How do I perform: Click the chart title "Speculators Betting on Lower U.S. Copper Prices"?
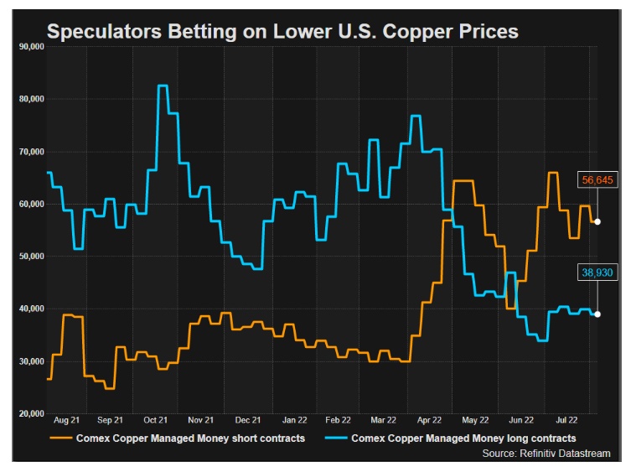click(x=282, y=32)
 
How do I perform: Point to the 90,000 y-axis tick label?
click(x=29, y=47)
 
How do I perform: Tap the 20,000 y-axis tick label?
click(x=29, y=413)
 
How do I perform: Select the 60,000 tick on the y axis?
click(x=29, y=204)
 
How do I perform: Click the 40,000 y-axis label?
click(x=29, y=309)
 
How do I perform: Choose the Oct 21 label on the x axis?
click(x=156, y=421)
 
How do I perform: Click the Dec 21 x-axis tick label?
click(x=247, y=421)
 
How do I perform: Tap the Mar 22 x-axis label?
click(x=384, y=421)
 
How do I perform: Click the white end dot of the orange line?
click(x=597, y=222)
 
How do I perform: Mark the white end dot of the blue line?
click(x=597, y=314)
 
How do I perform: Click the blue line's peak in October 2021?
click(x=163, y=86)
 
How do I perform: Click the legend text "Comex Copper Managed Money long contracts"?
click(x=463, y=438)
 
